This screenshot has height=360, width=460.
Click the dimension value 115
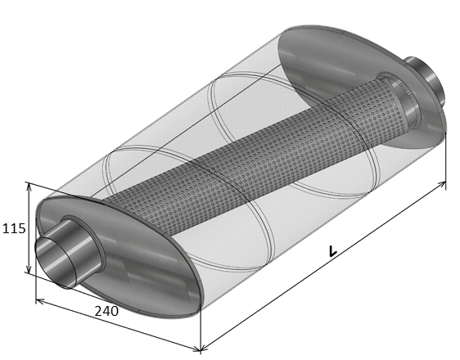(x=14, y=228)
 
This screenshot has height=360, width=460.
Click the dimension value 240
(x=106, y=311)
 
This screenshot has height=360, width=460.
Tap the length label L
(x=332, y=251)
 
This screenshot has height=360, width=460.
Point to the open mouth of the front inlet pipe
(x=56, y=261)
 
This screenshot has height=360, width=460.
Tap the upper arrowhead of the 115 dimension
(x=29, y=187)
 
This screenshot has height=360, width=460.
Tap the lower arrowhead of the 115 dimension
(x=29, y=269)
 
